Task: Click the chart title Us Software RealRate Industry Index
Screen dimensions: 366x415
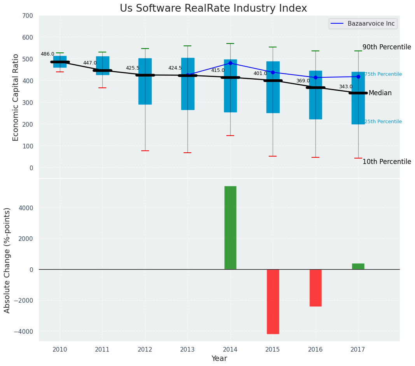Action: point(213,8)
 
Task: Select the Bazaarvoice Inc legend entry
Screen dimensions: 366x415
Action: point(371,24)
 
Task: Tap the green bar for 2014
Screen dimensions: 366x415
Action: point(230,228)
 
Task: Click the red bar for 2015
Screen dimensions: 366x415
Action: point(273,302)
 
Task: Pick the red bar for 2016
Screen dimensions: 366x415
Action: point(315,288)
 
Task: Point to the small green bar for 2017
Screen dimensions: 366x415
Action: point(358,267)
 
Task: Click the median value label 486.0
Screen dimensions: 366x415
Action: point(47,54)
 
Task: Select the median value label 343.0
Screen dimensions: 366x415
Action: point(346,87)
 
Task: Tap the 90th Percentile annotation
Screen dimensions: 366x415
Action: point(387,47)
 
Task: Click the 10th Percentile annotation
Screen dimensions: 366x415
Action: point(387,162)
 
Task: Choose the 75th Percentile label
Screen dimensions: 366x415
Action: point(383,74)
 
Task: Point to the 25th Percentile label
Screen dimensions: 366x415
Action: point(383,122)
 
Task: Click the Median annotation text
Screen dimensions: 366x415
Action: point(380,93)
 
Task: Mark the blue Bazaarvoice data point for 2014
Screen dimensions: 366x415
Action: point(230,63)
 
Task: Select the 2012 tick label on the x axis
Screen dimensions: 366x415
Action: point(145,349)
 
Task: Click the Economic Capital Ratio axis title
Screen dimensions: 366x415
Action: point(16,97)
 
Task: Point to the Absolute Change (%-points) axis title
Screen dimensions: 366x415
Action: point(7,260)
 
